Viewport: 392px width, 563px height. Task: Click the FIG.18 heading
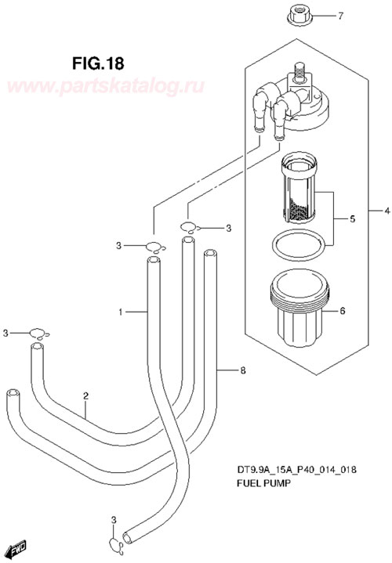pos(98,63)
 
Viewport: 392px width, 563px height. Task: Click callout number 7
pos(340,16)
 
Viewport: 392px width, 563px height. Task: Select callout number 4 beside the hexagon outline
pos(387,211)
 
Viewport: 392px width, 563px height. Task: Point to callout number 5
pos(352,218)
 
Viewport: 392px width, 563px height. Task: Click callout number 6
pos(342,310)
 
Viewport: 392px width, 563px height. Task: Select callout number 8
pos(243,370)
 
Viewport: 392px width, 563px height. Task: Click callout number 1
pos(121,312)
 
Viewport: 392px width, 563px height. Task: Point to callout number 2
pos(85,396)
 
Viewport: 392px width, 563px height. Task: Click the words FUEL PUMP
pos(263,483)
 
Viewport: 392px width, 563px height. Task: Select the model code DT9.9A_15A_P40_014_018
pos(296,469)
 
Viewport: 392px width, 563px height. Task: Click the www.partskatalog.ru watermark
pos(105,86)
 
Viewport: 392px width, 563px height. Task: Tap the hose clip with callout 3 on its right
pos(191,228)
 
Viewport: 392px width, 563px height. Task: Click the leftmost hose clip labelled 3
pos(39,334)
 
